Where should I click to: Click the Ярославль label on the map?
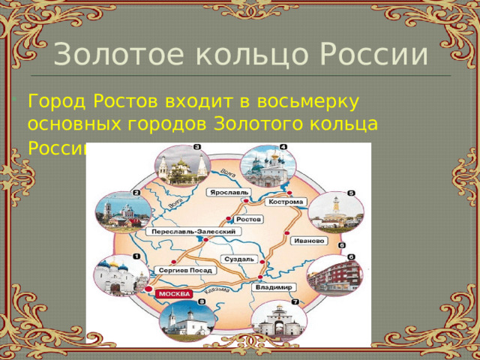226,191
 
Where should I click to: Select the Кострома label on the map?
286,202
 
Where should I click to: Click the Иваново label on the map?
307,241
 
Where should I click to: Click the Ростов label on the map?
248,220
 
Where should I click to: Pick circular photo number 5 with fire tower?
335,211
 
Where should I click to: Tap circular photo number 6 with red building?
334,275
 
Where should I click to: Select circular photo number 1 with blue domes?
119,276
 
